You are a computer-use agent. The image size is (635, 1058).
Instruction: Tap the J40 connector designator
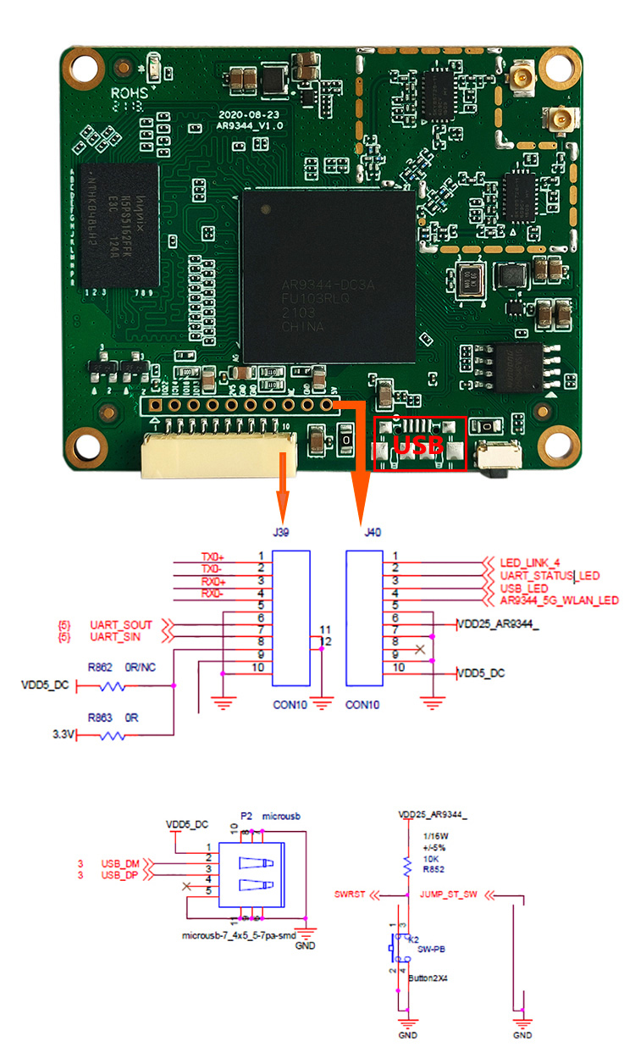point(372,533)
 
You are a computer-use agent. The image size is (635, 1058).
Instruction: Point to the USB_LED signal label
point(524,588)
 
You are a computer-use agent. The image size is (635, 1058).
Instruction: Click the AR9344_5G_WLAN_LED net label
point(559,601)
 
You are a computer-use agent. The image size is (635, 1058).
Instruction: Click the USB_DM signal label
point(120,863)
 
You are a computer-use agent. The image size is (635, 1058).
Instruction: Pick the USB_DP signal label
point(120,875)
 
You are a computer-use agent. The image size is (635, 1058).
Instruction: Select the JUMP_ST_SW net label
point(449,895)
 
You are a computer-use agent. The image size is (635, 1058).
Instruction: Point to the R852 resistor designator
point(433,867)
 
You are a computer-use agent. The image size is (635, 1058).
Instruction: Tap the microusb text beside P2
point(282,816)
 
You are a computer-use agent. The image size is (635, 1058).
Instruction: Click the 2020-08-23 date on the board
point(242,114)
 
